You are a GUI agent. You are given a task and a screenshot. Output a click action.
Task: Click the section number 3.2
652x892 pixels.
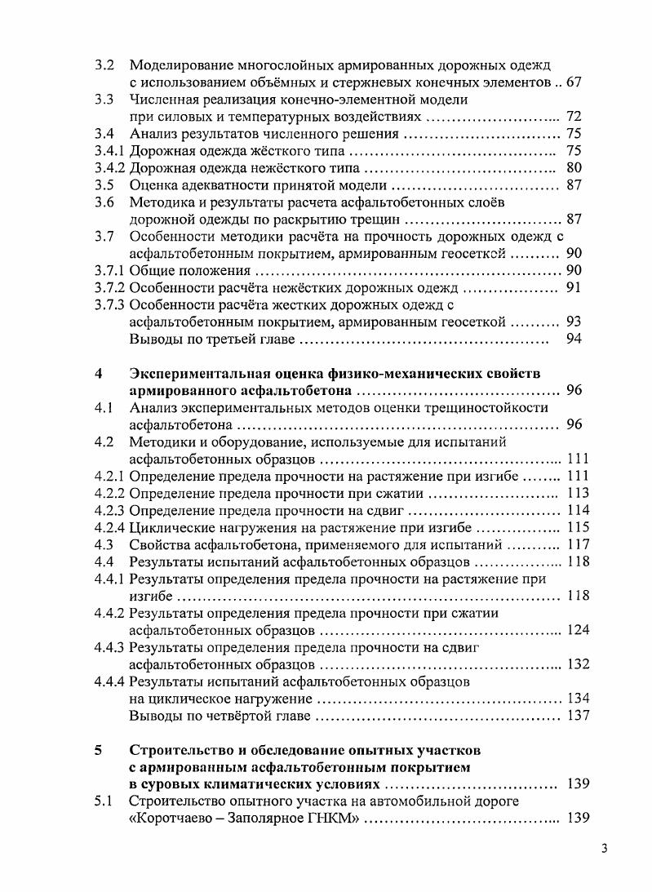coord(104,64)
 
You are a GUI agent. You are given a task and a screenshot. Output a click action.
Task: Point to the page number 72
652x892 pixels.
coord(573,117)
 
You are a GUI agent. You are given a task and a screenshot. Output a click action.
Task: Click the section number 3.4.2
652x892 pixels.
coord(110,168)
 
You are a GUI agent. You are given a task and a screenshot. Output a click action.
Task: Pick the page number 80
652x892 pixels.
coord(573,168)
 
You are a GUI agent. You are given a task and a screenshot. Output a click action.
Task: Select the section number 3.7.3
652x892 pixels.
coord(110,305)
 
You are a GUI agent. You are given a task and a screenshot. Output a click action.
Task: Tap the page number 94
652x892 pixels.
coord(573,339)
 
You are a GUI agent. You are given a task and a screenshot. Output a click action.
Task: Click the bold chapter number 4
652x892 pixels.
coord(99,374)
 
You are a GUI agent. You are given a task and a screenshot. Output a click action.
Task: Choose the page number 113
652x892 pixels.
coord(577,493)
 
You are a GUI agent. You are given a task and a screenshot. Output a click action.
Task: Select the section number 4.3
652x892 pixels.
coord(104,544)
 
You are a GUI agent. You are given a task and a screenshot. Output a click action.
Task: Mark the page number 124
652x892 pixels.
coord(577,630)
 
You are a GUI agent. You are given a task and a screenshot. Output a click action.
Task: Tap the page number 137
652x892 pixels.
coord(577,716)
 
